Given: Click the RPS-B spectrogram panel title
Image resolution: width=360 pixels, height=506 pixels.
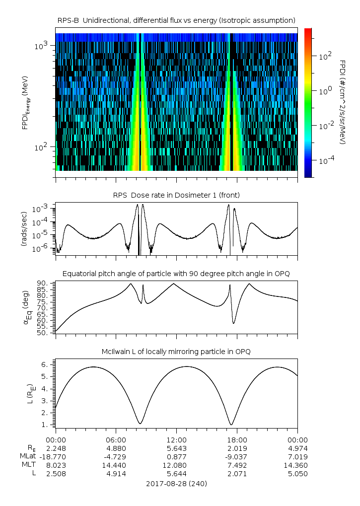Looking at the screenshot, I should tap(176, 20).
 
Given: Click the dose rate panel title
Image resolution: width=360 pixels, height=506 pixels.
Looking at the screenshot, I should tap(176, 195).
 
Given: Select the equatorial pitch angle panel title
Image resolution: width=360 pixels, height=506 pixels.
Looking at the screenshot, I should tap(176, 274).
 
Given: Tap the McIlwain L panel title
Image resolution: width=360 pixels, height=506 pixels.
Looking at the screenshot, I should tap(176, 352).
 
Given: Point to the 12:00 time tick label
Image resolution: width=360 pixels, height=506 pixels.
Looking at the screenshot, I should tap(176, 439).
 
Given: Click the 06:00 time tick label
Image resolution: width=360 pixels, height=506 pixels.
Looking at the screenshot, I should tap(116, 439).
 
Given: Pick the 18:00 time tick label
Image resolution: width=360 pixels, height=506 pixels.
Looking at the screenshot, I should tap(237, 439).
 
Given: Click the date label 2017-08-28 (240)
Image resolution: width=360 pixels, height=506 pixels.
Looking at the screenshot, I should tap(176, 483).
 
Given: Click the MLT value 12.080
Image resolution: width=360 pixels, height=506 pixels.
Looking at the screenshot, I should tap(176, 465).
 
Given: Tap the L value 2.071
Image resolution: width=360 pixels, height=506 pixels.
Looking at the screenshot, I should tap(237, 474).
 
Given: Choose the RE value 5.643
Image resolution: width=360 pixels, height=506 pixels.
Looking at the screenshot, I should tap(176, 448).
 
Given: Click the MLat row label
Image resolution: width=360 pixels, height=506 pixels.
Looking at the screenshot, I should tap(27, 456).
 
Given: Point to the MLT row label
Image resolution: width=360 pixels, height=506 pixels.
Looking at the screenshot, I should tap(28, 465).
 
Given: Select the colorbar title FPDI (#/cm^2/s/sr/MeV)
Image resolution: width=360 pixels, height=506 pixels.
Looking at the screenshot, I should tap(342, 102).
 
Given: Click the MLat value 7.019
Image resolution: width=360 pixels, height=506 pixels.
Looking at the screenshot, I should tap(297, 456).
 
